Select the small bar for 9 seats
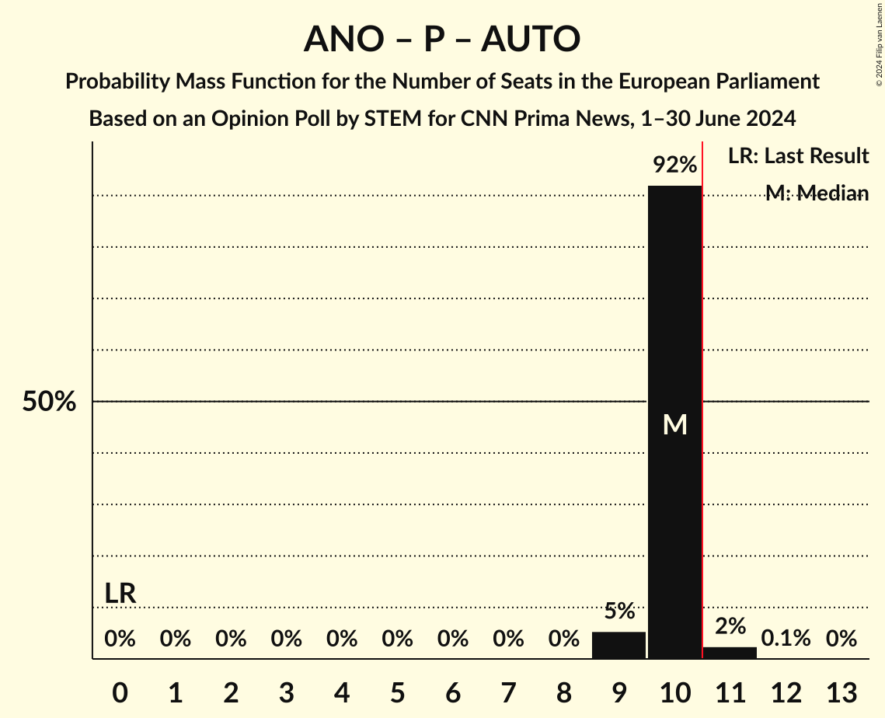[x=618, y=645]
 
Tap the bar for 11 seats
[x=730, y=653]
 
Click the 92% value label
[x=674, y=165]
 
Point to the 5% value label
[x=619, y=612]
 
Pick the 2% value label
[x=730, y=626]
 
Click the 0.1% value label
[x=786, y=639]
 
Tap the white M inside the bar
[x=674, y=424]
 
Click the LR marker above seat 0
[x=120, y=594]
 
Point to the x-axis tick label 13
[x=841, y=692]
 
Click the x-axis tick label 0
[x=120, y=692]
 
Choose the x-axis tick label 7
[x=508, y=692]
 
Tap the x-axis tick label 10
[x=674, y=692]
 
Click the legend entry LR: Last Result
[x=798, y=156]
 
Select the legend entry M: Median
[x=817, y=193]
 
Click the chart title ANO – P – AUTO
[x=442, y=39]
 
